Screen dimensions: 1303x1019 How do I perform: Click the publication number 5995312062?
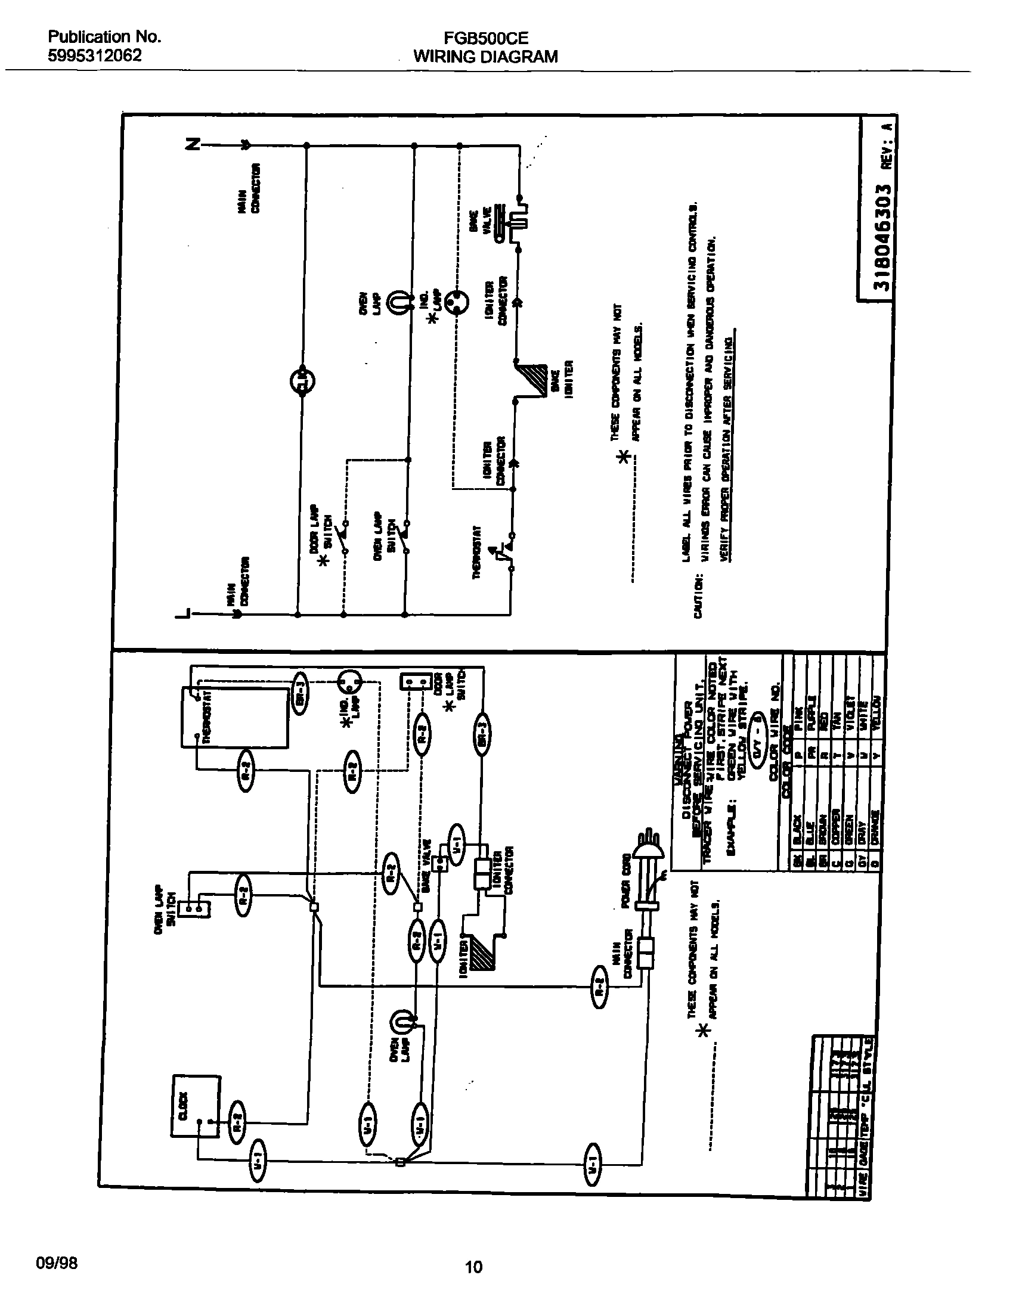tap(95, 55)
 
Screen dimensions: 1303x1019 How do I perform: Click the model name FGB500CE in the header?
tap(485, 38)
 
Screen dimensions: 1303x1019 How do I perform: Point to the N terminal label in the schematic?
tap(193, 144)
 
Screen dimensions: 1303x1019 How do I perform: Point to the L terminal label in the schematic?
tap(184, 614)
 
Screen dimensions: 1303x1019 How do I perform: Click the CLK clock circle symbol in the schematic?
tap(302, 381)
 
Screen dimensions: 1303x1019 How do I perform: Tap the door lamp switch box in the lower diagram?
tap(416, 681)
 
